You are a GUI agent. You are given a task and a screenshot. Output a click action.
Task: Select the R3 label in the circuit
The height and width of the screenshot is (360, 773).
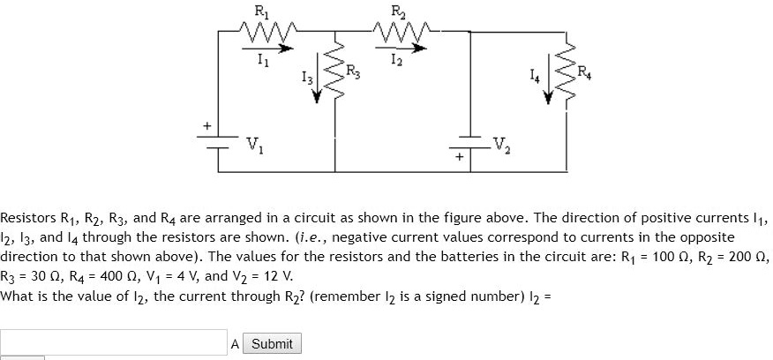pyautogui.click(x=353, y=71)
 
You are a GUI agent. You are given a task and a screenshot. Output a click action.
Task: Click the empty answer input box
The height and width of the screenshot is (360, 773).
pyautogui.click(x=114, y=343)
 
